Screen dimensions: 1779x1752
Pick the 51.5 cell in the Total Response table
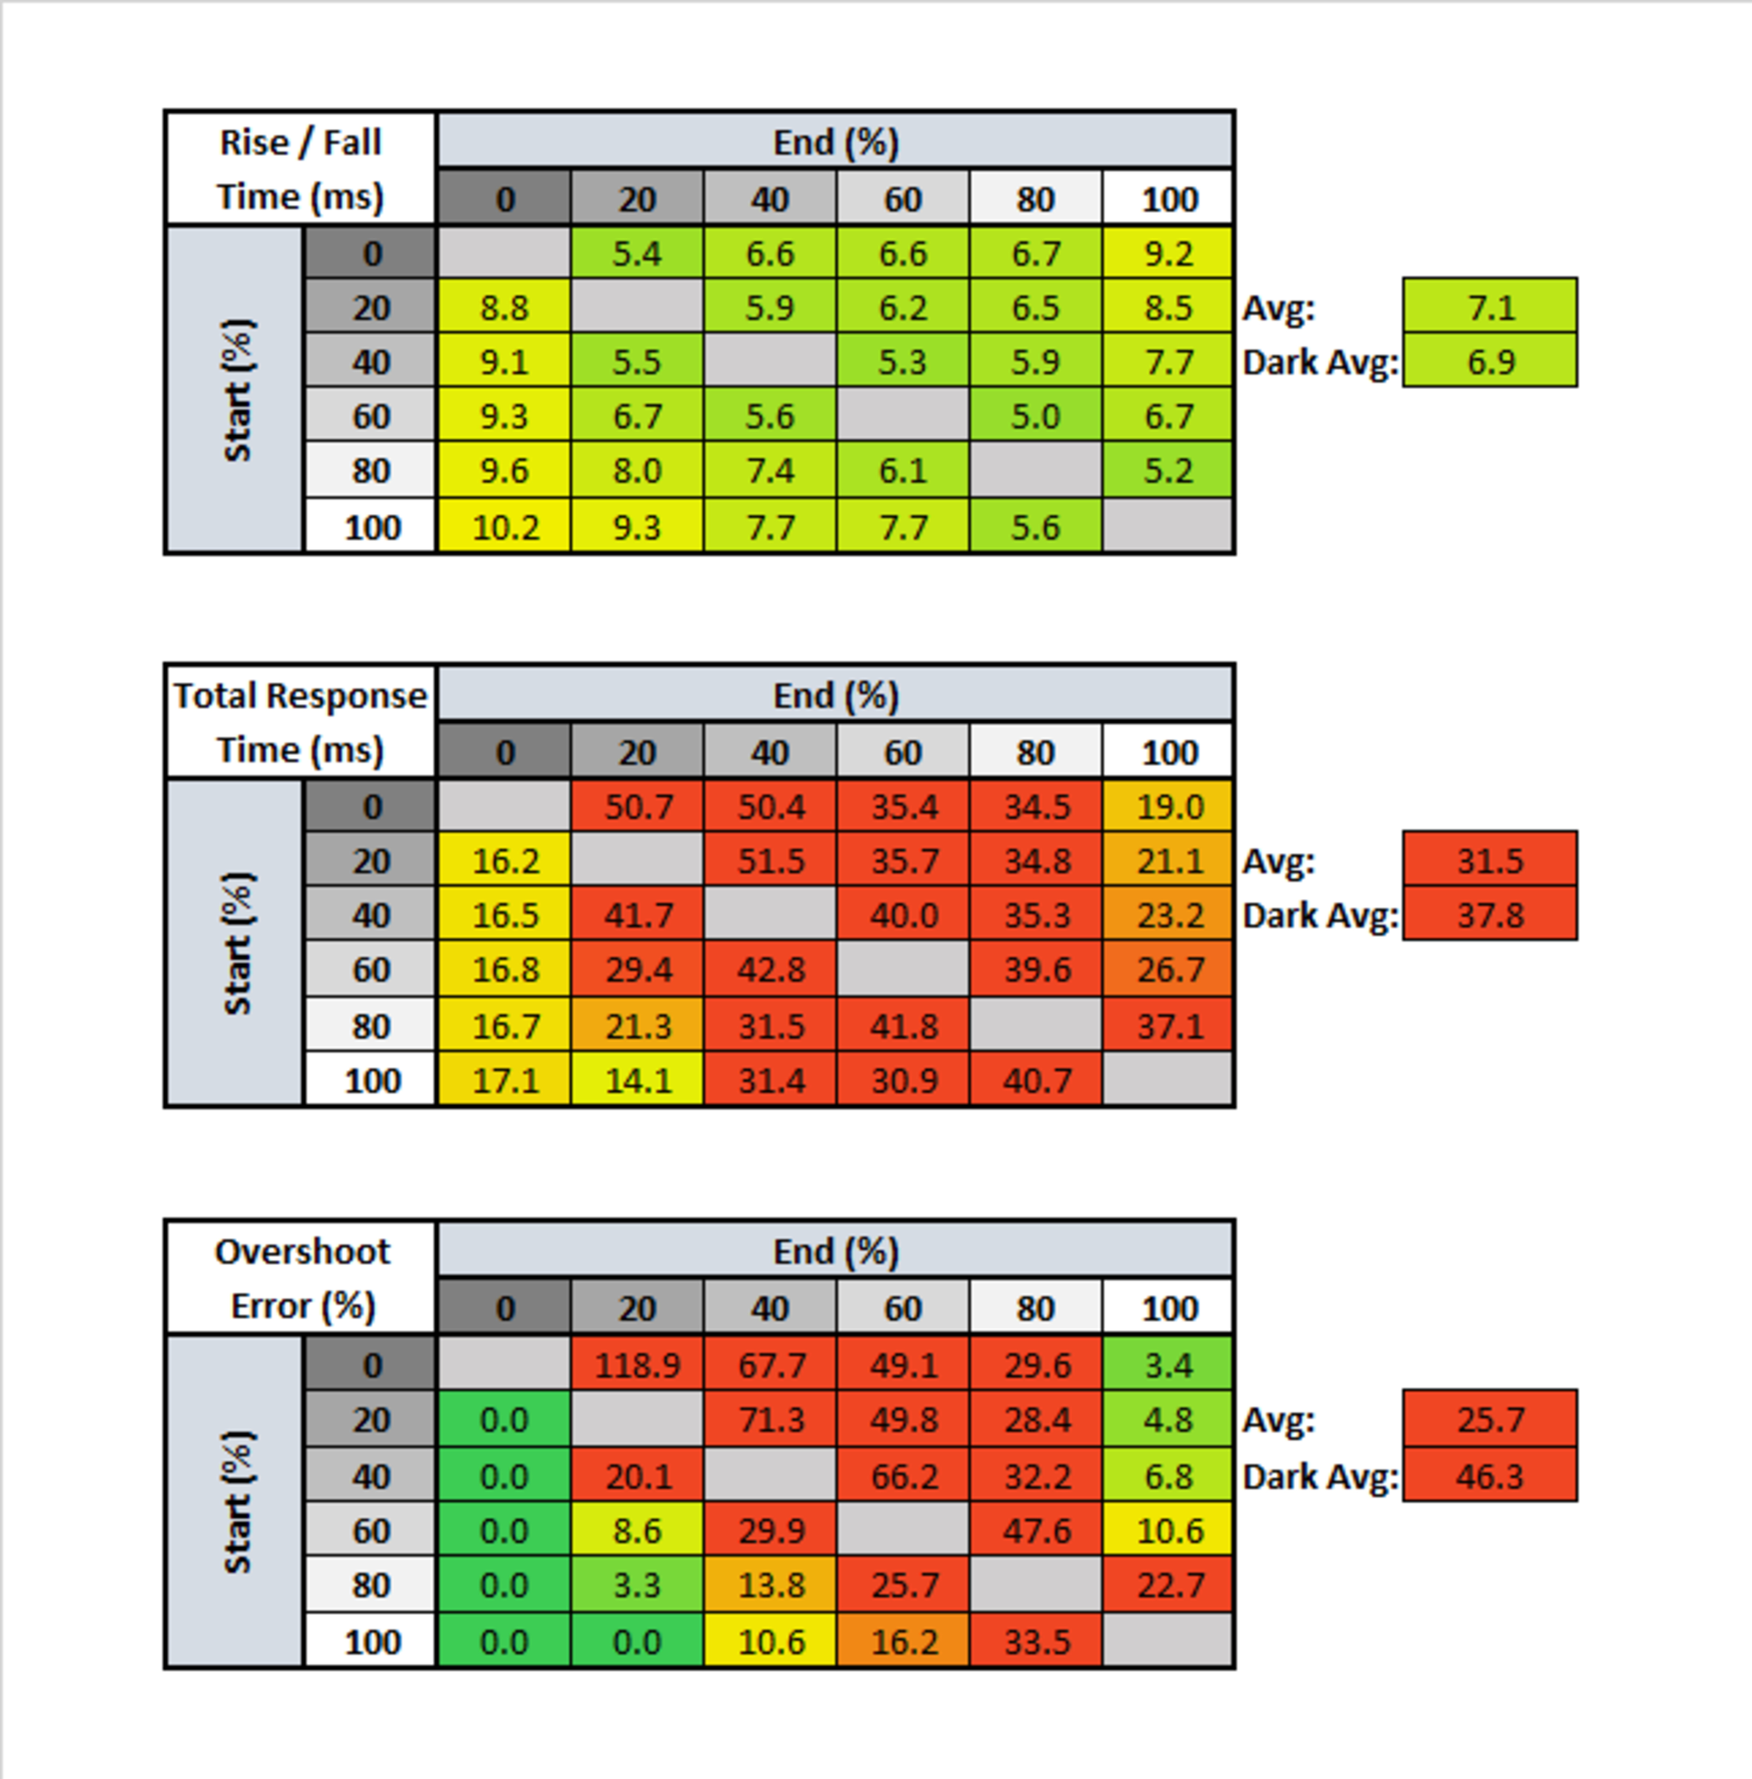770,861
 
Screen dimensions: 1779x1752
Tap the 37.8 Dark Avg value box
1490,915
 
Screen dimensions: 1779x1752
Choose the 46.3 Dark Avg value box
1490,1475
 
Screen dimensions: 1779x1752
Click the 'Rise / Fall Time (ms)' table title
300,169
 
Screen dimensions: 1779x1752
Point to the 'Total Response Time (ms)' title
300,722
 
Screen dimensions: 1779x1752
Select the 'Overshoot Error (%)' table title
300,1278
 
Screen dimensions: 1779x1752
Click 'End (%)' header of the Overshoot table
835,1251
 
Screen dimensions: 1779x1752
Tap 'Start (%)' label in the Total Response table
235,943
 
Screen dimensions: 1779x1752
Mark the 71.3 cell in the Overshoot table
770,1419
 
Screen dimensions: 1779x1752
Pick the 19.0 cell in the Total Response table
1168,806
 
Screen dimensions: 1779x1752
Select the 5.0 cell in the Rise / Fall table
1035,416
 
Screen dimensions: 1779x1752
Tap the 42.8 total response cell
770,969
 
